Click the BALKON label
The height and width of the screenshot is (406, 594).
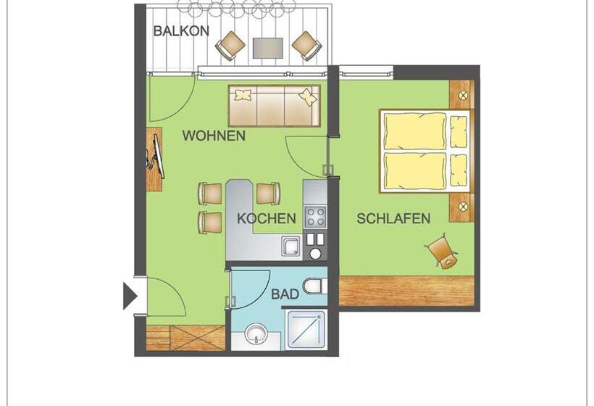(181, 31)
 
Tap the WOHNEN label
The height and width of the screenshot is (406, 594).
(214, 136)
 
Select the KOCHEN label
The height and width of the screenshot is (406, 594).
(267, 218)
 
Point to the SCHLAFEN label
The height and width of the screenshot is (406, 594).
(393, 218)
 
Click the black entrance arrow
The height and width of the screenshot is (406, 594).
(130, 296)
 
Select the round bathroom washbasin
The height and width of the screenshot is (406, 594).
(256, 334)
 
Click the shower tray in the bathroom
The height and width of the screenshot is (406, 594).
(306, 330)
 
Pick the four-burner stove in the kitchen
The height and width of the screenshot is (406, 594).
(315, 216)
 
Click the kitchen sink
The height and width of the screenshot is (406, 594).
(291, 247)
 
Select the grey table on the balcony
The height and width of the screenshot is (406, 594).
(267, 47)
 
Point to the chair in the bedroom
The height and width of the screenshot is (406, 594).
(441, 251)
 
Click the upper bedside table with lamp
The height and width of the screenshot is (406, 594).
(461, 94)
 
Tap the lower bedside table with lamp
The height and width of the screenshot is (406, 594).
(461, 207)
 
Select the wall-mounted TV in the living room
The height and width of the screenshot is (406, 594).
(154, 159)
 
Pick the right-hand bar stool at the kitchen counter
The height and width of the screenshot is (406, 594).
(268, 194)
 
